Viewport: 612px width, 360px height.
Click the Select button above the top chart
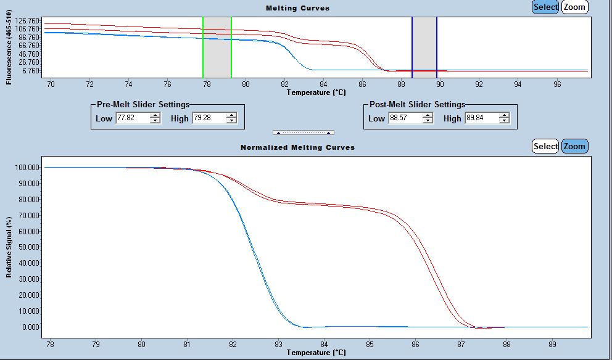[545, 7]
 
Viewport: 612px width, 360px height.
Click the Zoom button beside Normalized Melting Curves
[574, 146]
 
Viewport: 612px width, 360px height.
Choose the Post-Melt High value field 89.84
[481, 118]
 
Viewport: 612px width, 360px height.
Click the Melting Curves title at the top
[297, 8]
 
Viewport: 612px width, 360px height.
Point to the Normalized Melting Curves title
[297, 147]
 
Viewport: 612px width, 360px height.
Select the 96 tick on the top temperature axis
[557, 84]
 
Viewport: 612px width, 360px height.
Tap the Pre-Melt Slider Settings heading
[143, 104]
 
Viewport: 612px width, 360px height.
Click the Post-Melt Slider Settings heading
[417, 104]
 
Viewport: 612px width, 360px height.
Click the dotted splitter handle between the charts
[304, 133]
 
